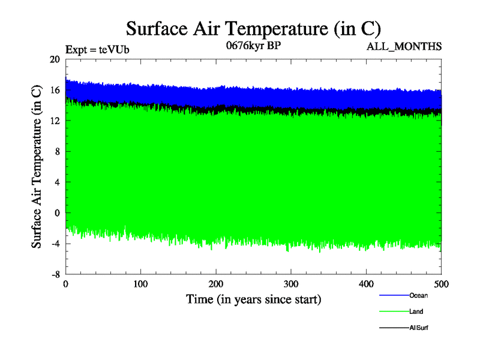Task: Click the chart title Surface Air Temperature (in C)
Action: pyautogui.click(x=253, y=28)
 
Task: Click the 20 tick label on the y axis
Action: pyautogui.click(x=55, y=59)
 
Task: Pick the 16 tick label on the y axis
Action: pyautogui.click(x=55, y=90)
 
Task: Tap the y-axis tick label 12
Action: pyautogui.click(x=55, y=121)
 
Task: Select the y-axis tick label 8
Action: pyautogui.click(x=57, y=151)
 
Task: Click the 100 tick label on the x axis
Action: pyautogui.click(x=141, y=284)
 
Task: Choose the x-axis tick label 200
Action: pyautogui.click(x=216, y=284)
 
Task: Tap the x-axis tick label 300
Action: pyautogui.click(x=291, y=284)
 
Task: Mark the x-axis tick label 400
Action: pyautogui.click(x=366, y=284)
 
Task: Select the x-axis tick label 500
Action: pyautogui.click(x=441, y=284)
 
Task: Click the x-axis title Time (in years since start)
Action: pyautogui.click(x=253, y=299)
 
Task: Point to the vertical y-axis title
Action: pyautogui.click(x=37, y=166)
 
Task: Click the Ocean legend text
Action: pyautogui.click(x=418, y=295)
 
